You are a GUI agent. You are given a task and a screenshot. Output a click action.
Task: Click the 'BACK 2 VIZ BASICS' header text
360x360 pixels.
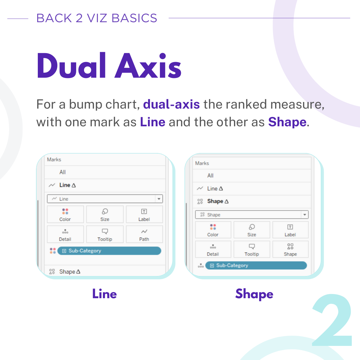coord(97,18)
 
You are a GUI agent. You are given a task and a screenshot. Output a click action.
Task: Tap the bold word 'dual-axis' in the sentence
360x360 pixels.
coord(171,104)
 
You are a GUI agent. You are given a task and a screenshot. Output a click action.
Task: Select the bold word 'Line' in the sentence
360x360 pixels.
coord(153,122)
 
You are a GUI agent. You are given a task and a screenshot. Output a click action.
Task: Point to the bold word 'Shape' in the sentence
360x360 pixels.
coord(287,122)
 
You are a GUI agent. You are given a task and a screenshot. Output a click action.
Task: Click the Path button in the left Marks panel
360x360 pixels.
coord(144,234)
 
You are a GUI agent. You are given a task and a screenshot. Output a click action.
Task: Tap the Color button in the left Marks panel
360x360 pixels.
coord(65,214)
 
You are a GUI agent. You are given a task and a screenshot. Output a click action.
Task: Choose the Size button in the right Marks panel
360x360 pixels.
coord(252,230)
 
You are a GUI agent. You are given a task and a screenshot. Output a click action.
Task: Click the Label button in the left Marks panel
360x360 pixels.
coord(144,214)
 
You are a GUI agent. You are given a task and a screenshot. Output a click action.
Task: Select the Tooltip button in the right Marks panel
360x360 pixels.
coord(252,249)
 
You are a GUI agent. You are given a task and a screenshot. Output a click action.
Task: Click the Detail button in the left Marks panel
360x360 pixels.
coord(65,234)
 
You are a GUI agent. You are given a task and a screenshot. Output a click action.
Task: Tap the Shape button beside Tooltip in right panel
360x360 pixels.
coord(290,249)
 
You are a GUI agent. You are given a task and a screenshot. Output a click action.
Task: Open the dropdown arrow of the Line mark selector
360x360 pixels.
coord(159,199)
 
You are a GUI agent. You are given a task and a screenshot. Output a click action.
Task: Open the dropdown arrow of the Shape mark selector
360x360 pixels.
coord(304,215)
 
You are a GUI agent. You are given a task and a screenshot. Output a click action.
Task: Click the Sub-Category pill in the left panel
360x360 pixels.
coord(109,251)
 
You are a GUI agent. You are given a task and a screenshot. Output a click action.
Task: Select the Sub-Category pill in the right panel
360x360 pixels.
coord(256,265)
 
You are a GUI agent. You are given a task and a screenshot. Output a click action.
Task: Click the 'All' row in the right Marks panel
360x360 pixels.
coord(252,175)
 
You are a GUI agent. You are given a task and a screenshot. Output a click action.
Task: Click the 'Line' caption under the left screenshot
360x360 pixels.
coord(105,294)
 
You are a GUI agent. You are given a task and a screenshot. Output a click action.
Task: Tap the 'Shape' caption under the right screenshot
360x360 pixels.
coord(254,294)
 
